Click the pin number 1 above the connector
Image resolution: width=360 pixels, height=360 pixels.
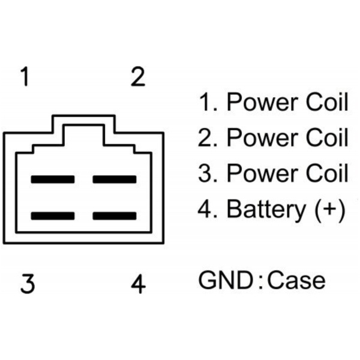coord(25,77)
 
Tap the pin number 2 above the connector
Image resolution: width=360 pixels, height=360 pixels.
coord(138,77)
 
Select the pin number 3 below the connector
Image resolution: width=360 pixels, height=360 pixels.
coord(26,283)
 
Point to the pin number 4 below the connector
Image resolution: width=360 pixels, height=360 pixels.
coord(139,283)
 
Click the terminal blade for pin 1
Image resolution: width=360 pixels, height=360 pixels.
coord(53,179)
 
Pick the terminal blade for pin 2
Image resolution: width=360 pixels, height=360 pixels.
coord(114,179)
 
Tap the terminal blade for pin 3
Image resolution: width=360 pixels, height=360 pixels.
coord(53,215)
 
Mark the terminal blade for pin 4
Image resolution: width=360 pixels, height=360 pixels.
coord(114,215)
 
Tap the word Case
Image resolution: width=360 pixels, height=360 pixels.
coord(296,280)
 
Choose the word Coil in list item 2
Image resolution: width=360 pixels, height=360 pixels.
coord(327,138)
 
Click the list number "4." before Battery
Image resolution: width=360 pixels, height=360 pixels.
coord(208,209)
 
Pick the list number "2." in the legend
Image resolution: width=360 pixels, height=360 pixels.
coord(208,138)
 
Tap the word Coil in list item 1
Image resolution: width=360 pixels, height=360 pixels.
coord(327,103)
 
